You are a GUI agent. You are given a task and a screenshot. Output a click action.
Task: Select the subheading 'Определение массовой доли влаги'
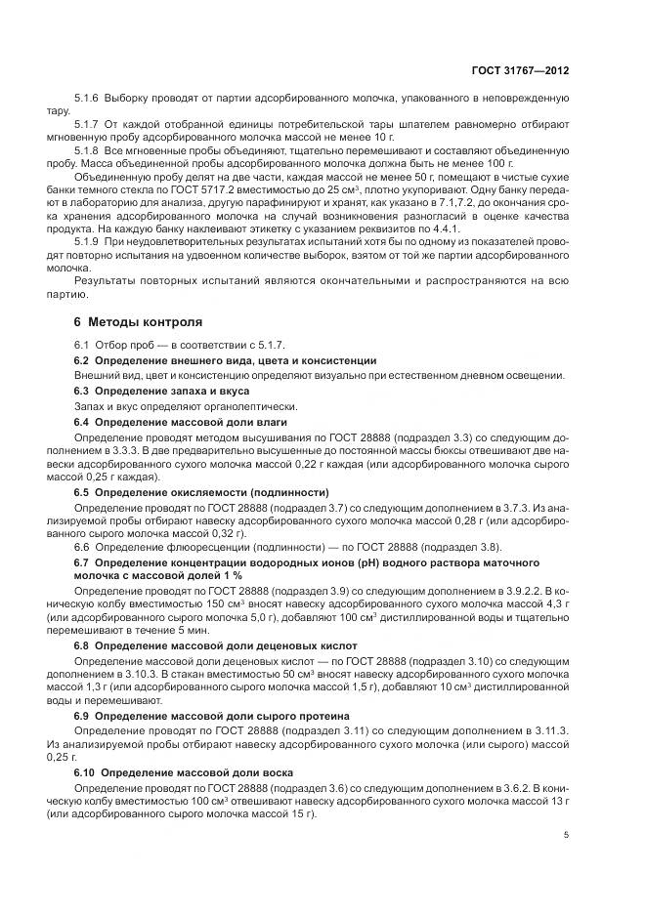tap(179, 421)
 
